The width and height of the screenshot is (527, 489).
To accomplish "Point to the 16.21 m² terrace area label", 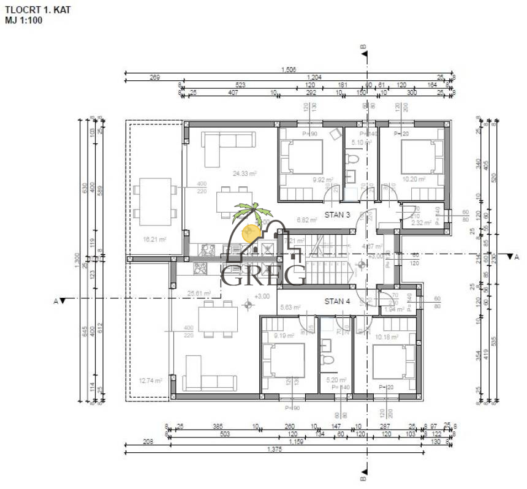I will coord(154,240).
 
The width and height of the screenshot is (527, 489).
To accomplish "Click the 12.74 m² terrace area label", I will coord(150,381).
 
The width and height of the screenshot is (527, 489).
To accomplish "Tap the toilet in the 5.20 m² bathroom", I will coord(327,360).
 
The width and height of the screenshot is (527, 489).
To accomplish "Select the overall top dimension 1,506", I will coord(288,70).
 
